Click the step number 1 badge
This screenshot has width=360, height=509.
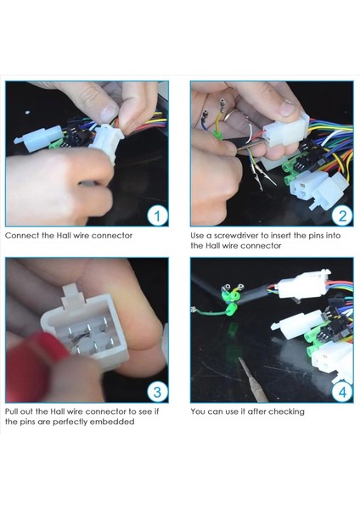click(x=157, y=215)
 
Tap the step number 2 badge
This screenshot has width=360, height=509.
click(x=342, y=215)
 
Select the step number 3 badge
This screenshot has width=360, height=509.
click(x=157, y=392)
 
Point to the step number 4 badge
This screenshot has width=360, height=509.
click(x=342, y=392)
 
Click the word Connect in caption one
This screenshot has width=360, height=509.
click(x=22, y=236)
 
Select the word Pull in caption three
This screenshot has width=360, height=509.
click(x=11, y=411)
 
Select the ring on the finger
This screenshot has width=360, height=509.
click(x=230, y=115)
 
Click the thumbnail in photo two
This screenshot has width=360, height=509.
click(x=287, y=108)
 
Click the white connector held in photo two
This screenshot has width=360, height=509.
click(x=286, y=132)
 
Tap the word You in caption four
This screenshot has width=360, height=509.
click(x=198, y=411)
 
